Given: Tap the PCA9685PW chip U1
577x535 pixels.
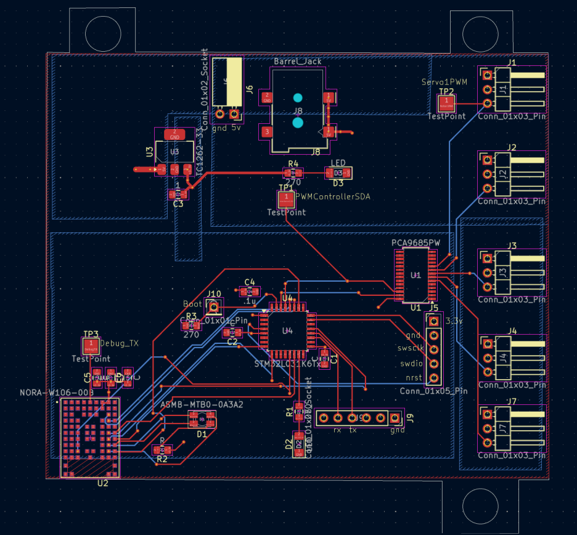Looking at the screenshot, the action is coord(415,274).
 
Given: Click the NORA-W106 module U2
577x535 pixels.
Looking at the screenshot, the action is coord(91,437).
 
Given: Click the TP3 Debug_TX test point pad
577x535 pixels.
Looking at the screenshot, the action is coord(91,345).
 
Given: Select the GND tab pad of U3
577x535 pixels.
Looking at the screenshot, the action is coord(174,134).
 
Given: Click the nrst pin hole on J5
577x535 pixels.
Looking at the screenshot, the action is coord(434,377).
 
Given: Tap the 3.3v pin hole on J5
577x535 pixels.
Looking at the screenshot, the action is coord(434,321).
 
